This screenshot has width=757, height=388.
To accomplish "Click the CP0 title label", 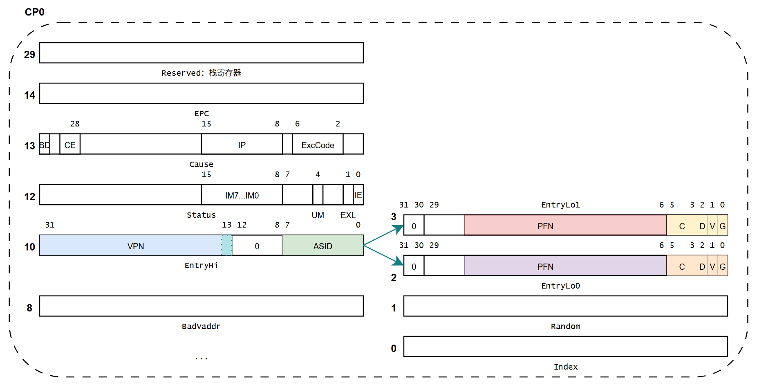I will click(34, 12).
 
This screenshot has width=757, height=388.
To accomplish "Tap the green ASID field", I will click(323, 246).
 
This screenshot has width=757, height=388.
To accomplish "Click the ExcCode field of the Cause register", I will click(318, 145).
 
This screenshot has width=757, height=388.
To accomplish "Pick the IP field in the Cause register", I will click(242, 145).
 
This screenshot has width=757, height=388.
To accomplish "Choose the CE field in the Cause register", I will click(70, 145).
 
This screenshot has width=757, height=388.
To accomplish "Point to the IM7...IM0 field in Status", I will click(242, 195).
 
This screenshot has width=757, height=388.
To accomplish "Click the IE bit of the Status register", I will click(358, 195).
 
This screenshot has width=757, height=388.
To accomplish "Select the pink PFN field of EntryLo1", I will click(545, 226).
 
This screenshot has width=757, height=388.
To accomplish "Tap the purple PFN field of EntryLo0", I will click(545, 266).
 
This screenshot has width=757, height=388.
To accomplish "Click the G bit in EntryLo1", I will click(723, 226).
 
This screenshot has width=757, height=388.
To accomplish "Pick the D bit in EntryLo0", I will click(702, 266).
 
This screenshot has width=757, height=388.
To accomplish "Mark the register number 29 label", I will click(29, 54).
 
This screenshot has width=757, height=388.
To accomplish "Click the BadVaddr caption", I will click(201, 326).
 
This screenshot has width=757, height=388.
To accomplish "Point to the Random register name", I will click(565, 326).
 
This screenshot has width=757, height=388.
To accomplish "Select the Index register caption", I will click(565, 367).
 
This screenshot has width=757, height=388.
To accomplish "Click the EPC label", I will click(202, 113).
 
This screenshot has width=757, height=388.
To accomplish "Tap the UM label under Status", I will click(318, 215).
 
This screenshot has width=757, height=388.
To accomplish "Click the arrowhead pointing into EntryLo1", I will click(399, 229).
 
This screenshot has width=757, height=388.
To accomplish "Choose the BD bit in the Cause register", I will click(45, 145).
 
